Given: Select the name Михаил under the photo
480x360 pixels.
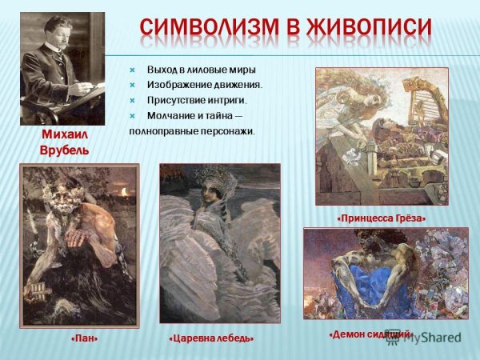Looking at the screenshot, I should pyautogui.click(x=65, y=135).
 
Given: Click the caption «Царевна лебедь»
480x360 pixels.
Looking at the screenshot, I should pyautogui.click(x=211, y=338).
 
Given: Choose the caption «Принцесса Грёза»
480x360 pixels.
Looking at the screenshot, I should pyautogui.click(x=381, y=218).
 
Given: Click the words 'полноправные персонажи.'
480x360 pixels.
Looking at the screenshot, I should pyautogui.click(x=192, y=130).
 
